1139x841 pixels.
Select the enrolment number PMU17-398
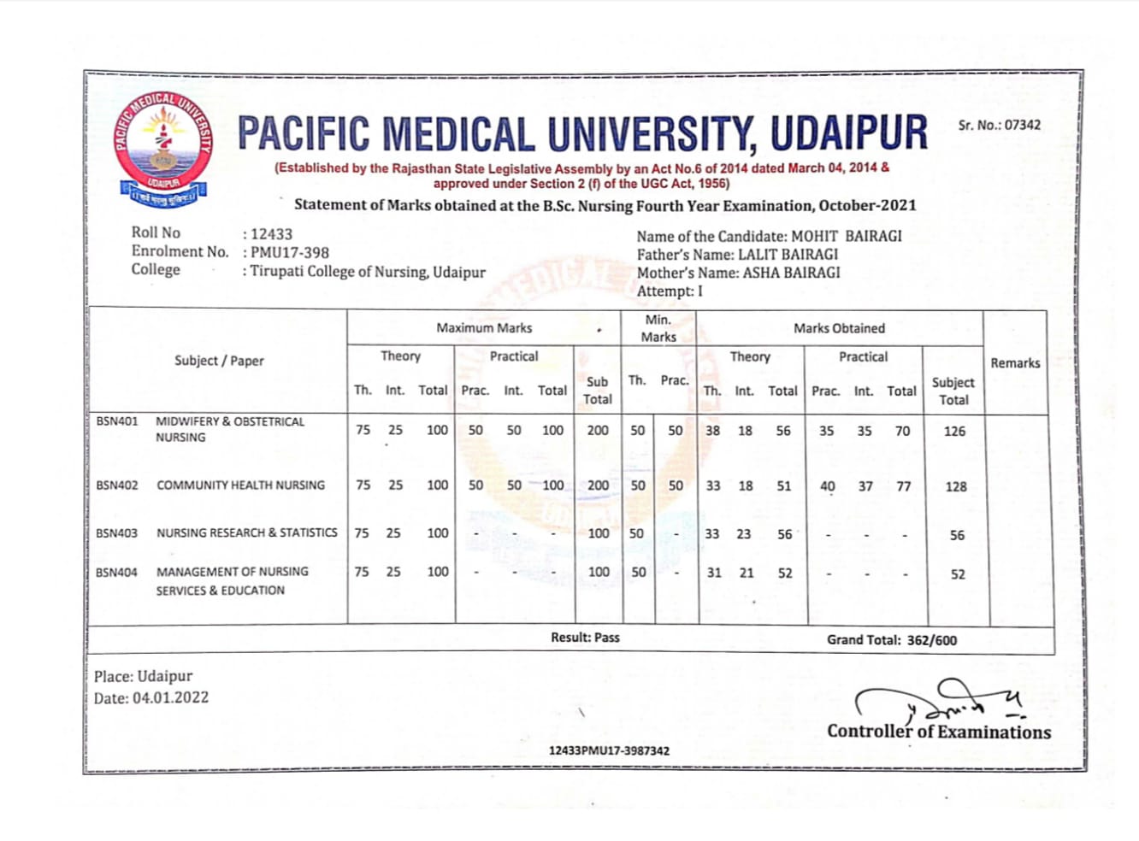(289, 253)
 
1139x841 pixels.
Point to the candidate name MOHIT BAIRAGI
(846, 237)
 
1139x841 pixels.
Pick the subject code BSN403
(117, 533)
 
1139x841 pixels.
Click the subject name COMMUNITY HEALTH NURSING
(240, 485)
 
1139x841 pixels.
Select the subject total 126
(954, 432)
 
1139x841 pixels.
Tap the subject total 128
(955, 487)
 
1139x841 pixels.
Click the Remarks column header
(1015, 363)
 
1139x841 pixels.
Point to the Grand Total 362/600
(931, 640)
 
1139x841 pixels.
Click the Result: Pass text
(585, 638)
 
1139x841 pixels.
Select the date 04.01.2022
(170, 698)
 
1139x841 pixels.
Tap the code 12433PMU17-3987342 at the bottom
(609, 751)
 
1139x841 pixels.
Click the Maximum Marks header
(484, 328)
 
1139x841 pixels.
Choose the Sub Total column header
(598, 391)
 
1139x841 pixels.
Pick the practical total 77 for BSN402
(903, 487)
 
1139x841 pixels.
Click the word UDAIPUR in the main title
(848, 134)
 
